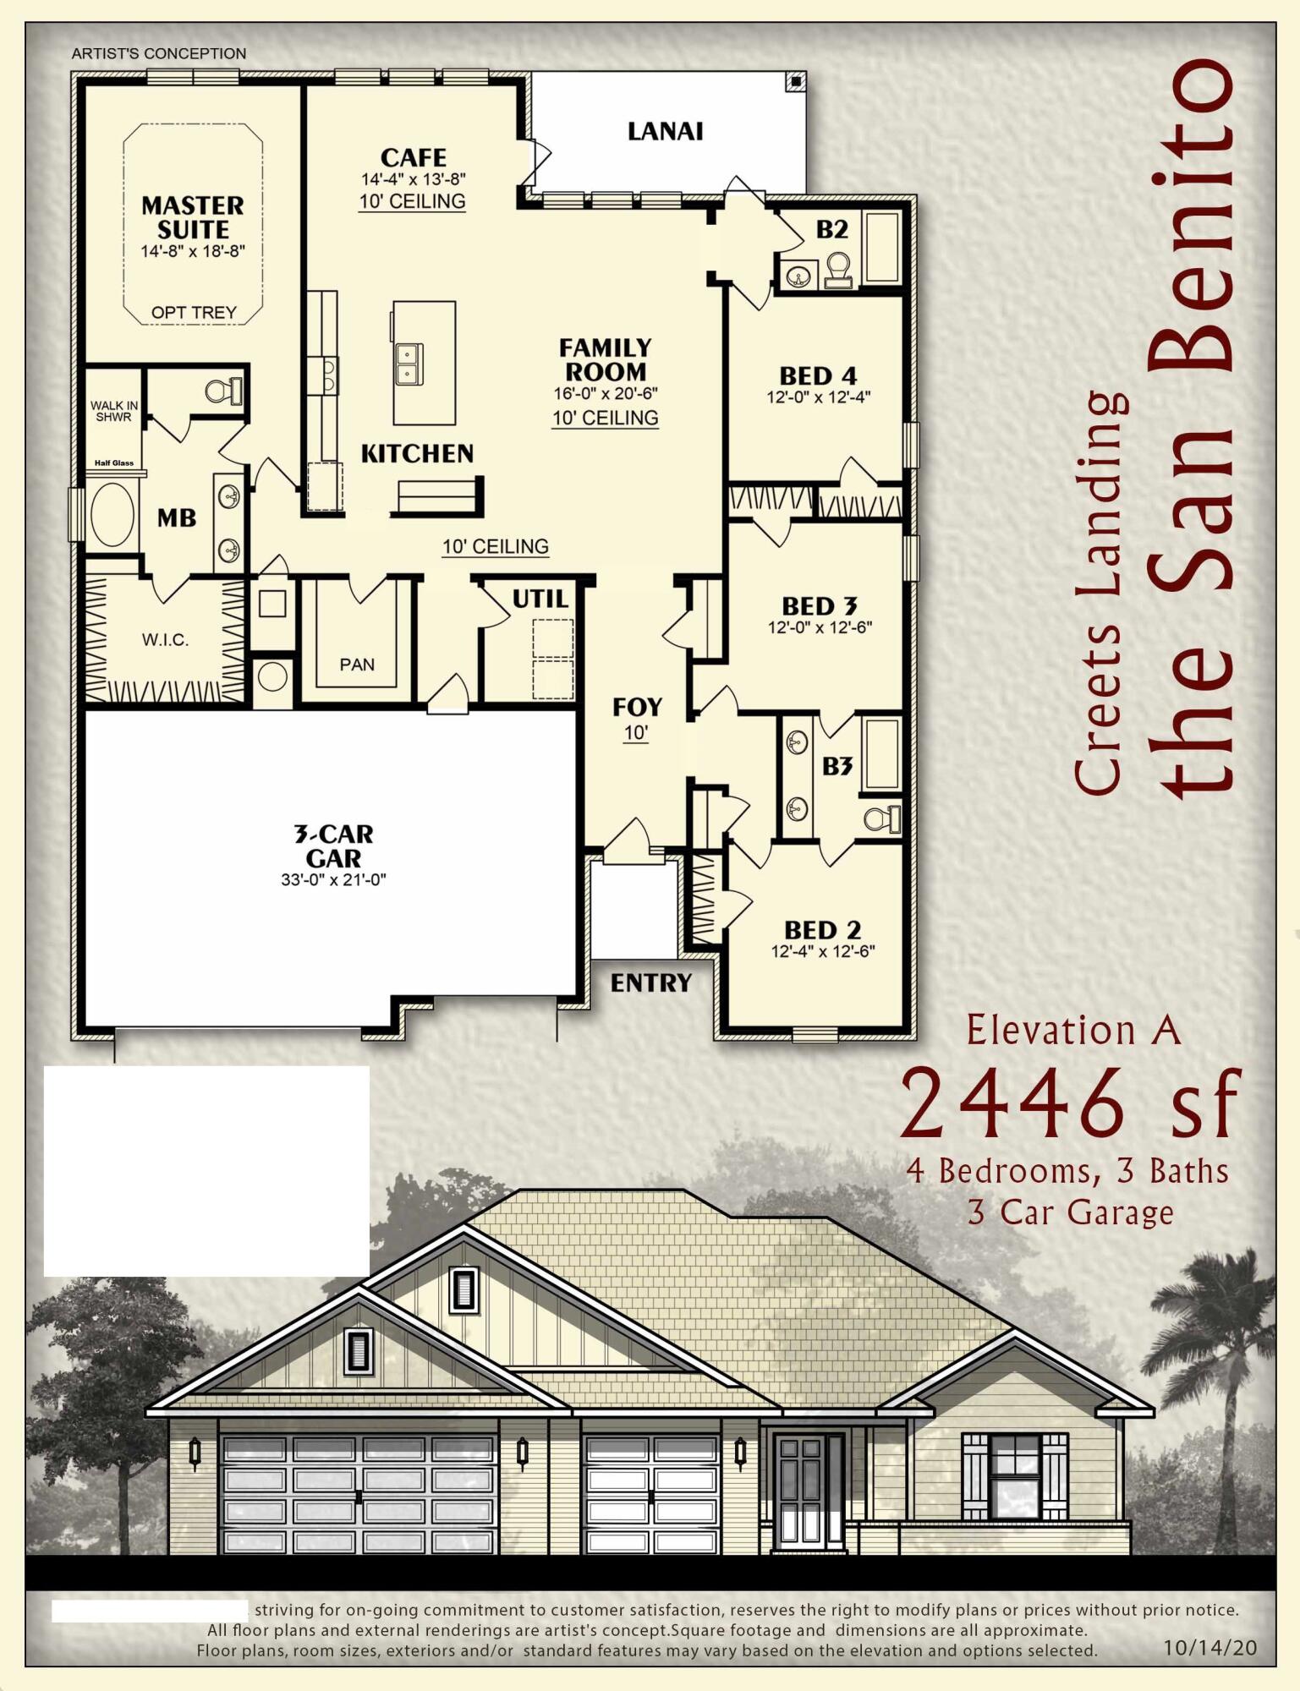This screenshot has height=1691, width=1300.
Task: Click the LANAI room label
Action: click(665, 132)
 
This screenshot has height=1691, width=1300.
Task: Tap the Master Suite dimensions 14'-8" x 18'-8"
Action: click(193, 251)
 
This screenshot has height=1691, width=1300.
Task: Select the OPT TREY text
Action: click(194, 313)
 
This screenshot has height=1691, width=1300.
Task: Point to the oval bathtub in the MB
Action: click(112, 515)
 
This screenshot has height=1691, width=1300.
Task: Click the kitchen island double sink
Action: click(408, 364)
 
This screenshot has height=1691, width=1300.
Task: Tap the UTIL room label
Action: click(540, 599)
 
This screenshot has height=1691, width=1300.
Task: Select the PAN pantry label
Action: click(357, 665)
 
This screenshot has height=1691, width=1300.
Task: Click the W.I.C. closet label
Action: click(165, 640)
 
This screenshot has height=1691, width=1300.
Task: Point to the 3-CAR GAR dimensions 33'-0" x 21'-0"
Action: click(333, 879)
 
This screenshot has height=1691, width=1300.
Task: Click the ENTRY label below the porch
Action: click(650, 982)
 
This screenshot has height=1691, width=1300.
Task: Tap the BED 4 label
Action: click(818, 375)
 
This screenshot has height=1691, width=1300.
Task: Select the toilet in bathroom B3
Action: click(882, 818)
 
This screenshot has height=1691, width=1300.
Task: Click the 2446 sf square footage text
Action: click(1069, 1104)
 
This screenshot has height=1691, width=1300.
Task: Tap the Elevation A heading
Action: click(1072, 1031)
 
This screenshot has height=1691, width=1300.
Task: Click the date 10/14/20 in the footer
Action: click(1209, 1647)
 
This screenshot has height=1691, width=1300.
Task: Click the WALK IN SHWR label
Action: click(113, 411)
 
